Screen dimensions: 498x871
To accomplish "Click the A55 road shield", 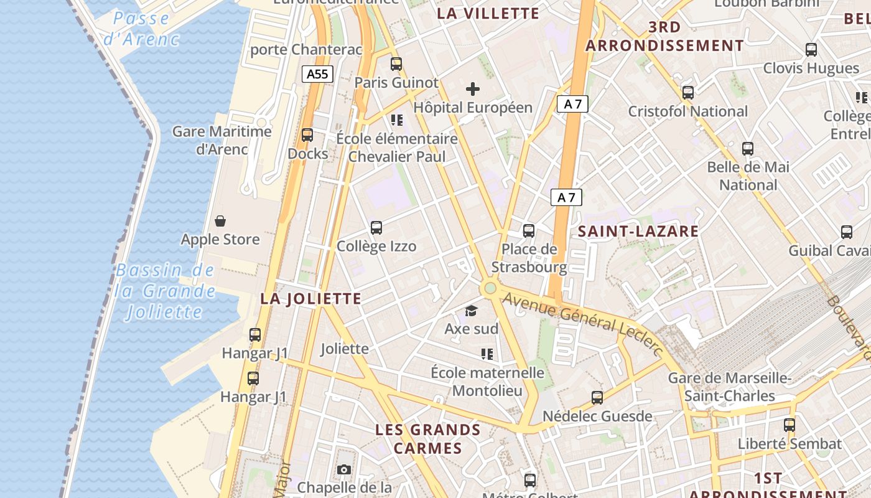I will (x=317, y=74).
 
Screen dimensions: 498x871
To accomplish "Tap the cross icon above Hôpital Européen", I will (x=473, y=89).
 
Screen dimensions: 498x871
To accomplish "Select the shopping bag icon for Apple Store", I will (x=220, y=221).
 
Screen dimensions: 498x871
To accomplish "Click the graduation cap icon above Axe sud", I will (x=472, y=311).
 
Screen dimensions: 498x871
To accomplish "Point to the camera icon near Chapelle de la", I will (x=344, y=469).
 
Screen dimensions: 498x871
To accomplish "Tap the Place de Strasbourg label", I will (x=529, y=258).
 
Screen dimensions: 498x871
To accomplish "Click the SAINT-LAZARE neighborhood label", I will (x=638, y=232).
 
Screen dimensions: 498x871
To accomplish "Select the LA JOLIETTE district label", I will (x=310, y=299).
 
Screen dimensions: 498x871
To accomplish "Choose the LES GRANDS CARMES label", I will (x=428, y=439).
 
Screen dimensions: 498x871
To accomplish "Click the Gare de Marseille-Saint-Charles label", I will (x=729, y=387).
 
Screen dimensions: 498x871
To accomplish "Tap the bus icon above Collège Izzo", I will (x=376, y=228).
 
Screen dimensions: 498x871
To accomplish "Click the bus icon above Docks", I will (x=307, y=135).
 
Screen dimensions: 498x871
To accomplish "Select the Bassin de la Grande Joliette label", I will (x=165, y=291).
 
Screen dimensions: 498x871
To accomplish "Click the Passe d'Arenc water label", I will (x=141, y=29).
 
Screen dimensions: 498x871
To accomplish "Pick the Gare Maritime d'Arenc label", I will (x=221, y=140).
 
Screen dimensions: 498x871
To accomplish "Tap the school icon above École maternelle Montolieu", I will (x=487, y=354).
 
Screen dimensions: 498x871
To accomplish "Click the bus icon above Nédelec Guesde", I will (x=597, y=397).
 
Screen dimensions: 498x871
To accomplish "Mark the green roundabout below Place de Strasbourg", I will (x=490, y=288).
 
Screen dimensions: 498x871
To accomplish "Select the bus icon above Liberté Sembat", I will (x=789, y=425).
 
